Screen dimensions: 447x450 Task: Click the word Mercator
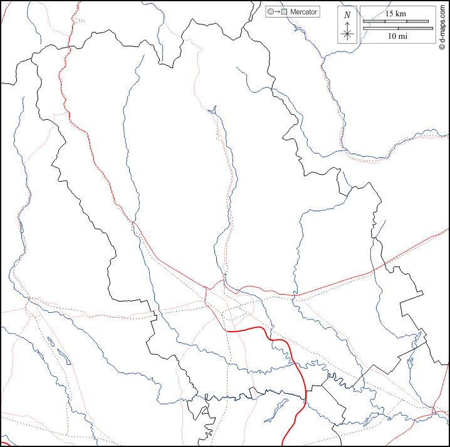click(304, 12)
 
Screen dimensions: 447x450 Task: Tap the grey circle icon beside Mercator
click(270, 12)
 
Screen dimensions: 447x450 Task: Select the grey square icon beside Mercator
click(284, 12)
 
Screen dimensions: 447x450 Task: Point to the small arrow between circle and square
click(277, 12)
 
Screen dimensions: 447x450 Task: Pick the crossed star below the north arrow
click(347, 34)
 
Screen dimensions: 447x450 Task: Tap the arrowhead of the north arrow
click(347, 21)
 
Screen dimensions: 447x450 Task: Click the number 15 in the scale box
click(389, 13)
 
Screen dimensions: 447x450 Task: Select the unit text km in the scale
click(401, 13)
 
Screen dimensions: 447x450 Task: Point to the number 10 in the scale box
click(392, 36)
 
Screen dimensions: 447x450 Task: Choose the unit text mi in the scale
click(403, 36)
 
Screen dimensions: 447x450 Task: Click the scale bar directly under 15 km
click(395, 21)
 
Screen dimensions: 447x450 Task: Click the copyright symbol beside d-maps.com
click(442, 47)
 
